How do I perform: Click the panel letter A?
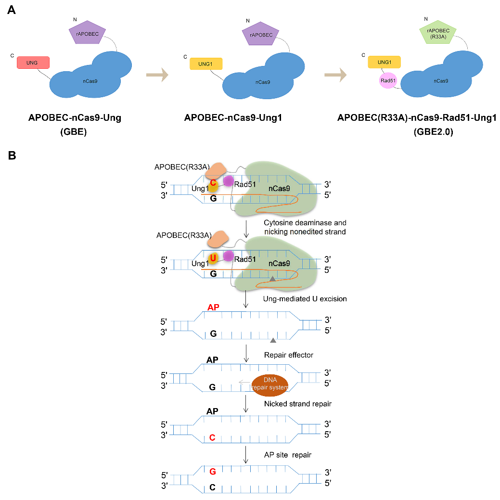[12, 10]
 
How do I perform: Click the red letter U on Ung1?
[213, 257]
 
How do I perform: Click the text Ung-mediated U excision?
[305, 299]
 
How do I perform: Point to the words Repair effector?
[289, 355]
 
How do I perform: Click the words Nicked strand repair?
[297, 404]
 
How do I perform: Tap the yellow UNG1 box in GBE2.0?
[384, 62]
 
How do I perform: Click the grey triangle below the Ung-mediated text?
[273, 340]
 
